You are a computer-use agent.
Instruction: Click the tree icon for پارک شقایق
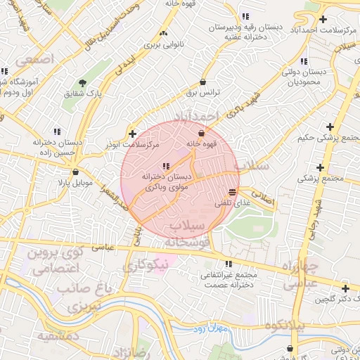pyautogui.click(x=82, y=82)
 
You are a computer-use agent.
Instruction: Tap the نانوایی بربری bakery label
pyautogui.click(x=163, y=44)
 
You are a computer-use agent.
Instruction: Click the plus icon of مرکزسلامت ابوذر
pyautogui.click(x=132, y=133)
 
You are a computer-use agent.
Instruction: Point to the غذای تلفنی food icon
pyautogui.click(x=233, y=192)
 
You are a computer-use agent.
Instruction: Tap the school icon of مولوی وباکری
pyautogui.click(x=165, y=166)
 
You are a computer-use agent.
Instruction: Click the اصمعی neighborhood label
pyautogui.click(x=33, y=60)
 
